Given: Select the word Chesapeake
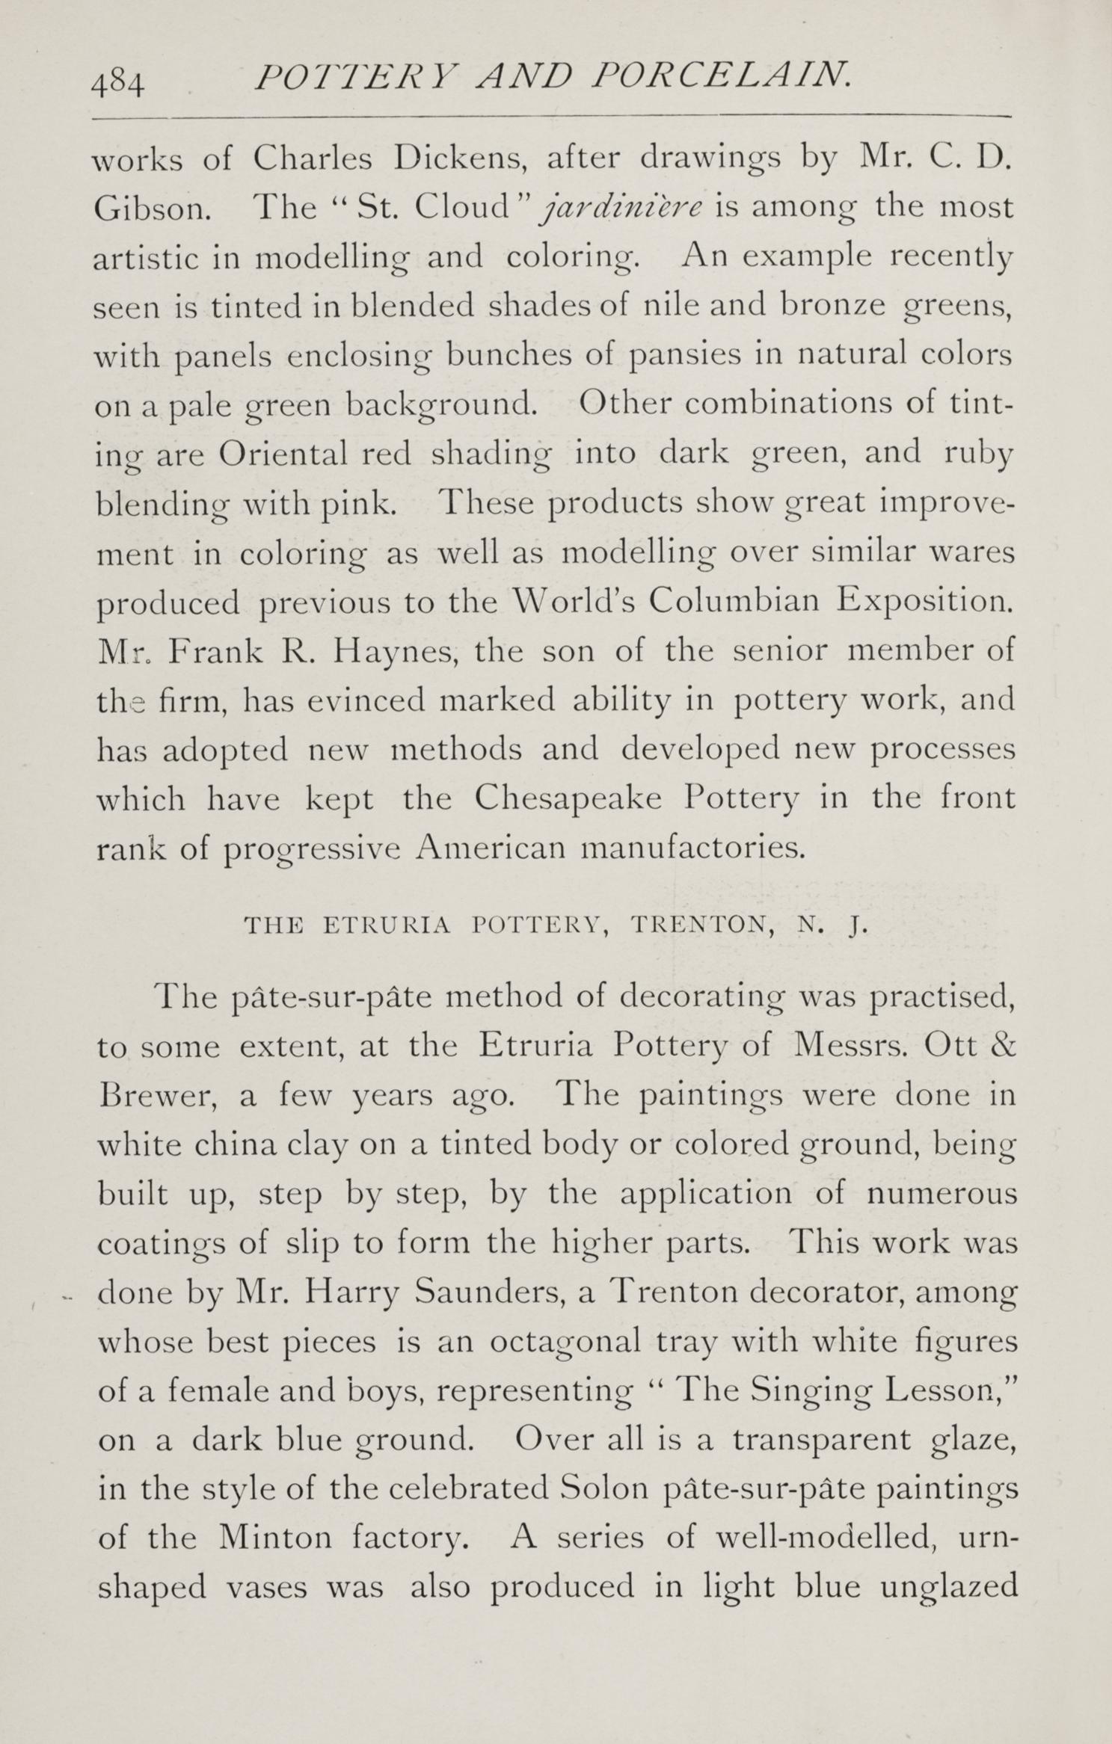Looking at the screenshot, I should [568, 798].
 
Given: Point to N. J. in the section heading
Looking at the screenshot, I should [832, 926].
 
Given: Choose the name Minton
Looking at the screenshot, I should [275, 1538].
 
